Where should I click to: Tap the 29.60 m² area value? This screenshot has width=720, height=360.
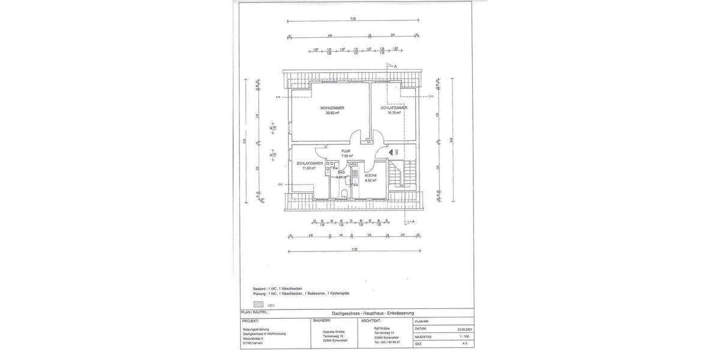pyautogui.click(x=332, y=113)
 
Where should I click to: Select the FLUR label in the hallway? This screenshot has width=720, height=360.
pyautogui.click(x=346, y=151)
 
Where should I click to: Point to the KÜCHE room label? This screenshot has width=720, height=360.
pyautogui.click(x=370, y=175)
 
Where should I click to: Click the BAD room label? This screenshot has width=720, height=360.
pyautogui.click(x=341, y=172)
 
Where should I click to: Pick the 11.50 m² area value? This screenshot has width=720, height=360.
pyautogui.click(x=309, y=168)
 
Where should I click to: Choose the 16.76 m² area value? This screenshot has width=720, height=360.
pyautogui.click(x=394, y=113)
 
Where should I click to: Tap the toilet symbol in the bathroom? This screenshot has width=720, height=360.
pyautogui.click(x=343, y=192)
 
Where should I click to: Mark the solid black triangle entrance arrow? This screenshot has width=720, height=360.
pyautogui.click(x=391, y=153)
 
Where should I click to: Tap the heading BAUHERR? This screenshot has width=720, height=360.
pyautogui.click(x=322, y=321)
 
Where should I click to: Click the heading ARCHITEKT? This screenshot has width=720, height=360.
pyautogui.click(x=372, y=321)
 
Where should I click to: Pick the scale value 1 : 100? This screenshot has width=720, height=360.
pyautogui.click(x=464, y=337)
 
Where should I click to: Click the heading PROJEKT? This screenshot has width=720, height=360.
pyautogui.click(x=250, y=321)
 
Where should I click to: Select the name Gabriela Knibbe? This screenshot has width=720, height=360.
pyautogui.click(x=334, y=331)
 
